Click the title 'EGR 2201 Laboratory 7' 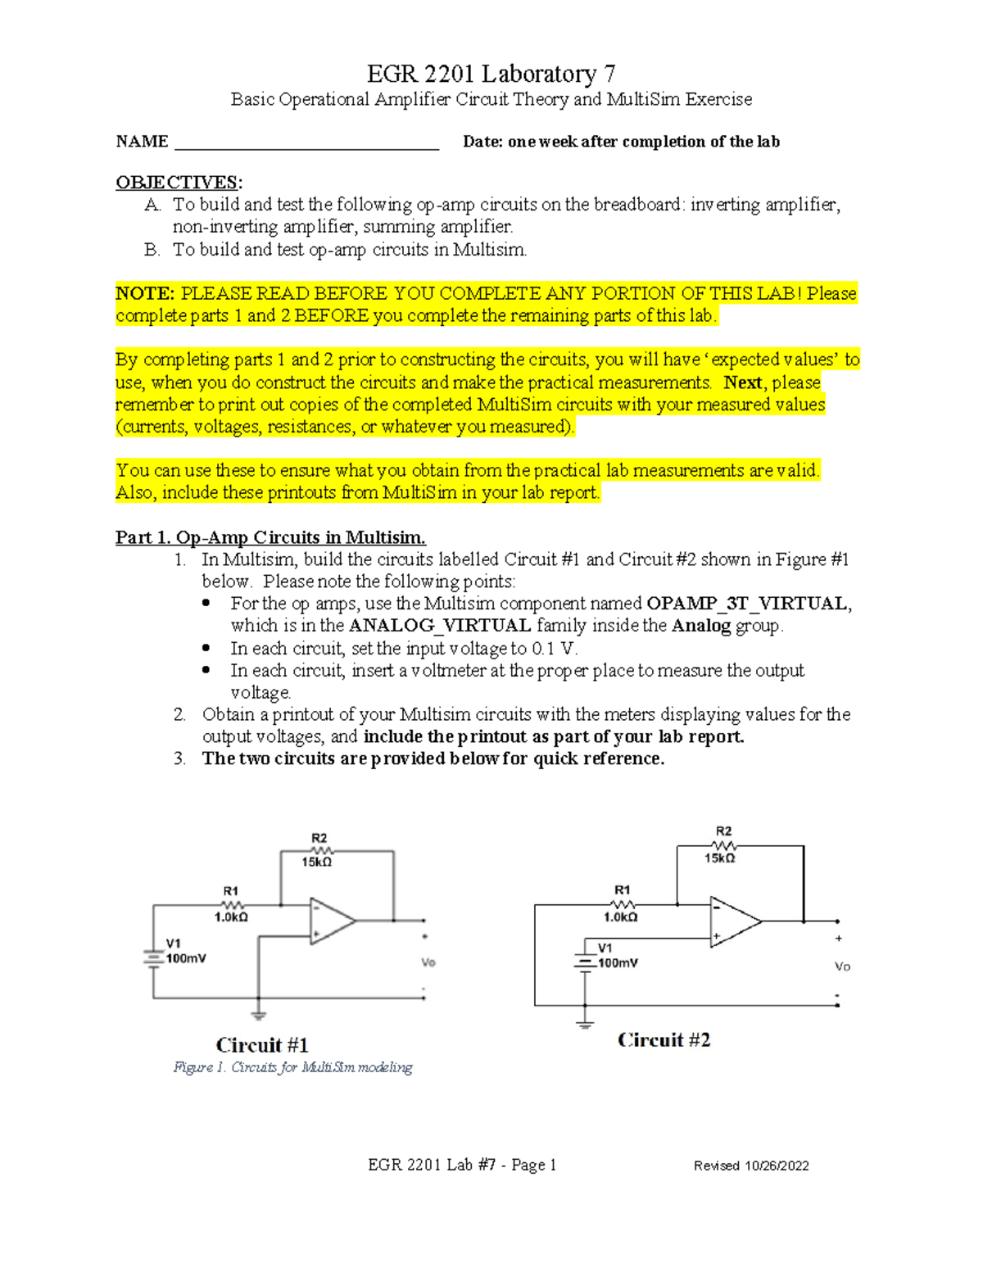(491, 74)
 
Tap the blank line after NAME (307, 144)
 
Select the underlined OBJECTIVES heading (178, 182)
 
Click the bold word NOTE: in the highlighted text (145, 293)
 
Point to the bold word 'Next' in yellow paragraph (742, 383)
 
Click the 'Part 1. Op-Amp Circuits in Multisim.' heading (270, 537)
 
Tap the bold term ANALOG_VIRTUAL (440, 626)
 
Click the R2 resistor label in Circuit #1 (319, 838)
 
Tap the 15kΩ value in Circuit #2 (720, 858)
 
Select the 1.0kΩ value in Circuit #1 (231, 917)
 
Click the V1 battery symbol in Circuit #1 (153, 957)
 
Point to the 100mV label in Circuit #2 (618, 963)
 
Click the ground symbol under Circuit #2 (585, 1024)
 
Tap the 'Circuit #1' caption (262, 1045)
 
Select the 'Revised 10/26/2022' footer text (751, 1166)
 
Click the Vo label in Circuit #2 (842, 966)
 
